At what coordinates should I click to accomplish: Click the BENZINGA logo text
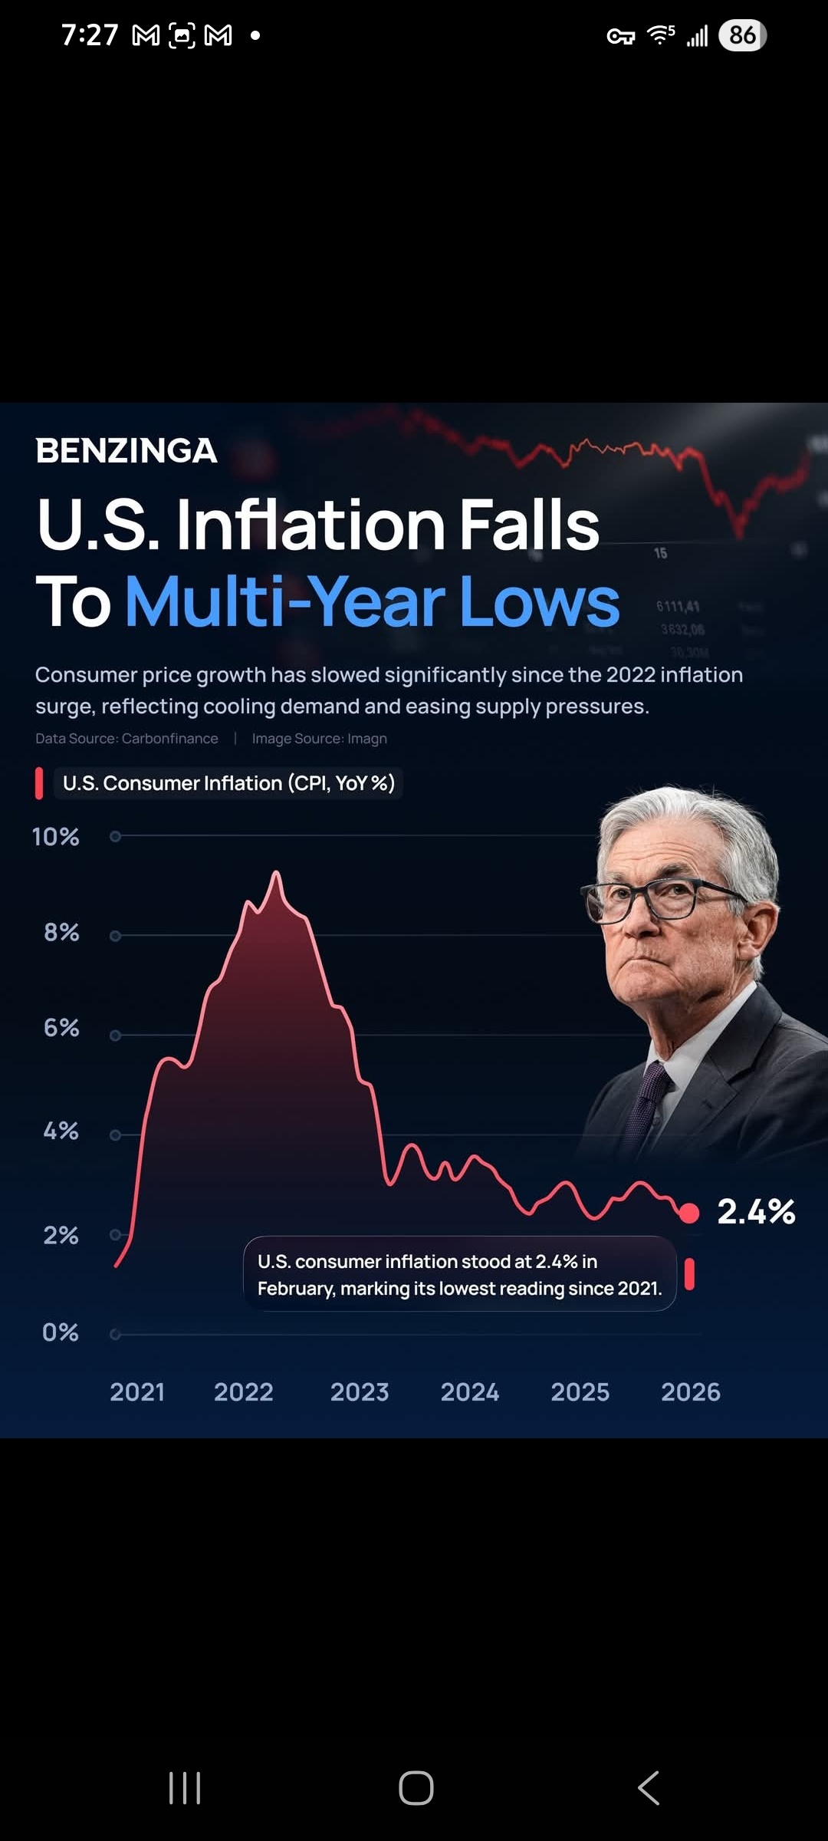(x=127, y=450)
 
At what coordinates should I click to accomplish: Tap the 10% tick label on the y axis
(x=55, y=836)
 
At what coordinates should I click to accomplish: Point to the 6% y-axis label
(x=61, y=1028)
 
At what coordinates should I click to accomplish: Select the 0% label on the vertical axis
(x=61, y=1332)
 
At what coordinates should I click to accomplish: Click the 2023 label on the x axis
(x=360, y=1392)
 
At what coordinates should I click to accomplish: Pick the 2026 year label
(x=691, y=1392)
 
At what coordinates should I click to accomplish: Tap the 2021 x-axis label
(x=137, y=1392)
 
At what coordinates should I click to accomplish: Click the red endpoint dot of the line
(x=689, y=1213)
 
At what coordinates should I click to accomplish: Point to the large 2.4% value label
(x=756, y=1212)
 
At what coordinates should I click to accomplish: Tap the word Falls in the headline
(x=529, y=525)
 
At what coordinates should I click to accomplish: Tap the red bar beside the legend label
(x=39, y=783)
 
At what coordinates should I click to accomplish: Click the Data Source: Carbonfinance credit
(x=127, y=739)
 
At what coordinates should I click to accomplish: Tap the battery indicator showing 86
(x=742, y=35)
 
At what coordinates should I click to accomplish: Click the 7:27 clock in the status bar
(x=90, y=35)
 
